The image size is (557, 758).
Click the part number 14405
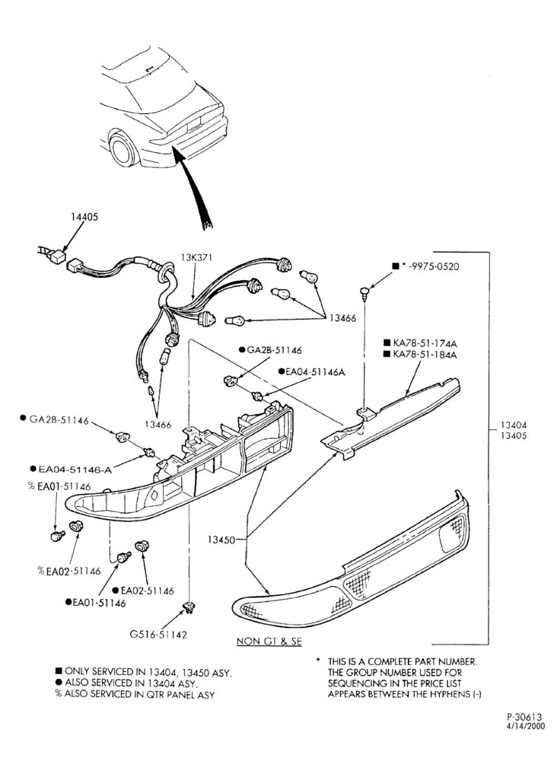click(x=84, y=217)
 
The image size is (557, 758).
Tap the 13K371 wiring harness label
click(x=197, y=258)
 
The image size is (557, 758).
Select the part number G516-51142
click(x=158, y=634)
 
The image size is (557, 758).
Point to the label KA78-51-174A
click(x=425, y=343)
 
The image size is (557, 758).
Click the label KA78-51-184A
click(x=425, y=355)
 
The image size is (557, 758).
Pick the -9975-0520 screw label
click(x=433, y=266)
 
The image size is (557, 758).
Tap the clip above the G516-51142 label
click(x=188, y=607)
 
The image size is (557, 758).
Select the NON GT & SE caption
click(x=269, y=641)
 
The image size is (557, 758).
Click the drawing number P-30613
click(x=525, y=717)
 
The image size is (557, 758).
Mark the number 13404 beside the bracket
click(x=514, y=425)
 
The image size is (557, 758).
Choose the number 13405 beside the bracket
click(x=514, y=435)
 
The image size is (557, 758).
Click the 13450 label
click(x=221, y=540)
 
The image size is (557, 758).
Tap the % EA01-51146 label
click(x=59, y=486)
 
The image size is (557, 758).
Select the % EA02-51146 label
click(x=70, y=571)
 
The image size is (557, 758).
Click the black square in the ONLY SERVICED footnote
click(x=59, y=671)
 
